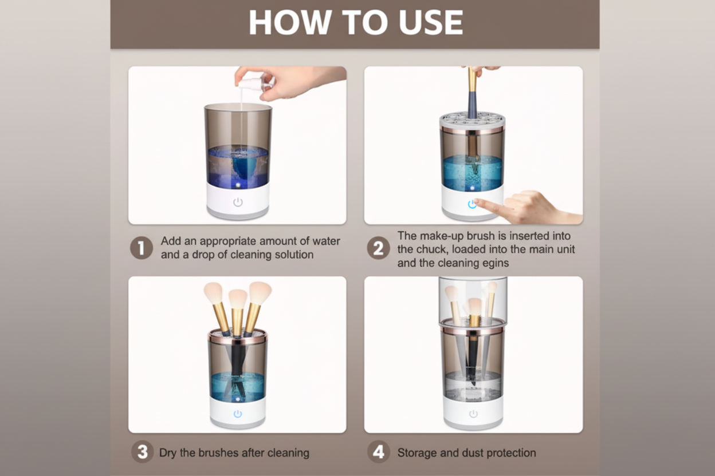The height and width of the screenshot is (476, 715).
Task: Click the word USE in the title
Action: coord(431,23)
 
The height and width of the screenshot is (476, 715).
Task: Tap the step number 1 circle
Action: coord(141,248)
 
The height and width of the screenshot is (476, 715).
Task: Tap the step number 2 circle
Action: coord(378,248)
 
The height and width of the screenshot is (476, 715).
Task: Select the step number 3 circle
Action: coord(142,452)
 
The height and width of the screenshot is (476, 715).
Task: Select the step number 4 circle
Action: coord(378,452)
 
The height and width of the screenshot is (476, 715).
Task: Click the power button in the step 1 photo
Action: coord(238,202)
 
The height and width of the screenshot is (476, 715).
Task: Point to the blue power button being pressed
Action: coord(472,204)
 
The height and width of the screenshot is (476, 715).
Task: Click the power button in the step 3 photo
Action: coord(238,414)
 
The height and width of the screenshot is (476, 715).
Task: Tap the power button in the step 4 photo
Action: coord(473,414)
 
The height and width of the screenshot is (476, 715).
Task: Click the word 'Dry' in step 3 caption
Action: coord(168,453)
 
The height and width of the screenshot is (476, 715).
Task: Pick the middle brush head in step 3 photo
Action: coord(238,298)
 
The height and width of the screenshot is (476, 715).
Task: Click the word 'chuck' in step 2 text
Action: coord(429,249)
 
